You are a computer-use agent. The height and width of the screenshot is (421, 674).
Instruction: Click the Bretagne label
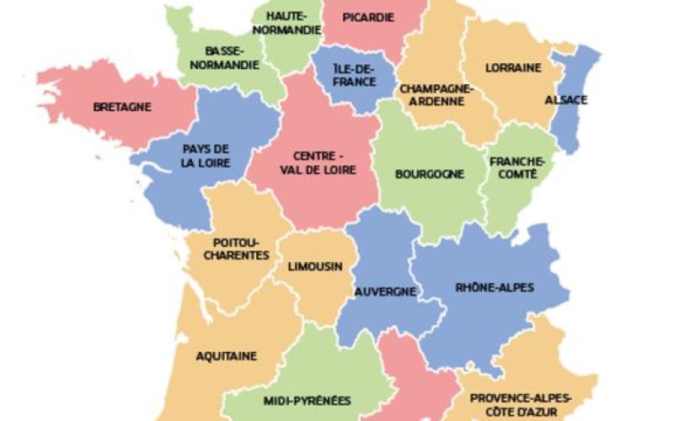click(x=122, y=107)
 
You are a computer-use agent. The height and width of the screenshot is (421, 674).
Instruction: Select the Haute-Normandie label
click(x=286, y=23)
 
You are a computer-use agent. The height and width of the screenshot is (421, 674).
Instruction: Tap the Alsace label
click(x=566, y=99)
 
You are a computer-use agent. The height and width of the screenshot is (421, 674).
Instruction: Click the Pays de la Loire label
click(x=206, y=157)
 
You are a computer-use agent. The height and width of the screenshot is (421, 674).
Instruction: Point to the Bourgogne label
click(x=430, y=174)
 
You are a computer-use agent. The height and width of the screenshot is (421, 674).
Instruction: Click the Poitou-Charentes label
click(x=241, y=248)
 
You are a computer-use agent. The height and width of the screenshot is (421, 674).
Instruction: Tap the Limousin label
click(x=315, y=267)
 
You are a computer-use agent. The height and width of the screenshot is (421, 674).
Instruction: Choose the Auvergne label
click(x=385, y=291)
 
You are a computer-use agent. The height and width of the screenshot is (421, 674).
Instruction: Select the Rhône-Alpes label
click(x=495, y=287)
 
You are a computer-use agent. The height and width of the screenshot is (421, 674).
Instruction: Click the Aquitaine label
click(x=227, y=356)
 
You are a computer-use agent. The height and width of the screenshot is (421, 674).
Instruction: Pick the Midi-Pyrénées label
click(x=307, y=400)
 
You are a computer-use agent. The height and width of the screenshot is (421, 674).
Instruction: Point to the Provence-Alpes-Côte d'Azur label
click(x=521, y=403)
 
